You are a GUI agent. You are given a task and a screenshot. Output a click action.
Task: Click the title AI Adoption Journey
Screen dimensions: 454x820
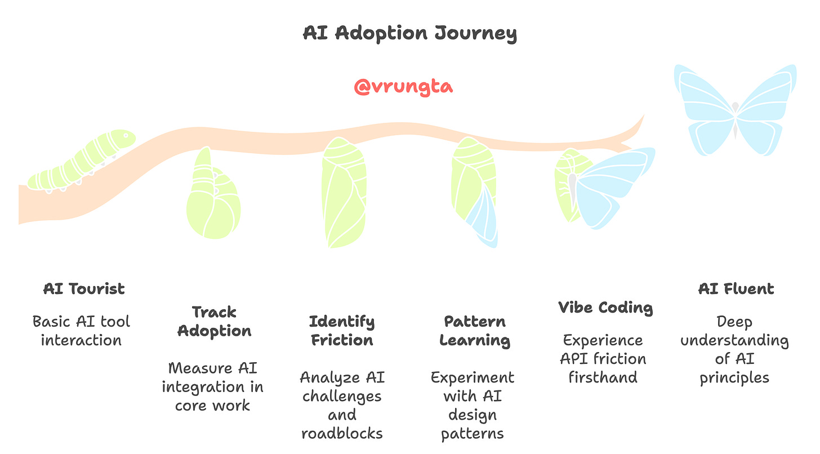click(x=409, y=33)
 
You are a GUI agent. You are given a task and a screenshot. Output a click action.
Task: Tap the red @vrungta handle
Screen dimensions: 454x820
click(x=403, y=87)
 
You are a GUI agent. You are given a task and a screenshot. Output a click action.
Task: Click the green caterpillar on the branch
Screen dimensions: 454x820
click(x=82, y=161)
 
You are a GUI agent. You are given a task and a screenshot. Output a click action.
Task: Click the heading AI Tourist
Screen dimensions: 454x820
click(x=84, y=289)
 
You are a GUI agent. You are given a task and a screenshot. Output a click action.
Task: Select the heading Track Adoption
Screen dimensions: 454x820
click(x=214, y=321)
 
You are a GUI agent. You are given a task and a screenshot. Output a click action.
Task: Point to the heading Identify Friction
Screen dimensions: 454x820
click(x=341, y=331)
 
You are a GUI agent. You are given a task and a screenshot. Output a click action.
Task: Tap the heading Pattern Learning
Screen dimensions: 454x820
click(x=475, y=331)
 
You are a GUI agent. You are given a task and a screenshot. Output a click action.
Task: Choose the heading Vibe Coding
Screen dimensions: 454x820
click(x=605, y=308)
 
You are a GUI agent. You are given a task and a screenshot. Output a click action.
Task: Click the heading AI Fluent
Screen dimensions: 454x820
click(x=736, y=289)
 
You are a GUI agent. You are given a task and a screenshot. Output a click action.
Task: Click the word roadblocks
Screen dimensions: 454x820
click(x=342, y=433)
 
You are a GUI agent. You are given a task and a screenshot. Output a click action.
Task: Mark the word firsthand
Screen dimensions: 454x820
click(x=603, y=377)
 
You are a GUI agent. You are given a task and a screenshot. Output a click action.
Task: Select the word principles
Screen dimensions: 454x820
click(x=734, y=377)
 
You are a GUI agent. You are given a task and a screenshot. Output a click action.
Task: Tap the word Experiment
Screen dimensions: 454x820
click(x=473, y=377)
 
